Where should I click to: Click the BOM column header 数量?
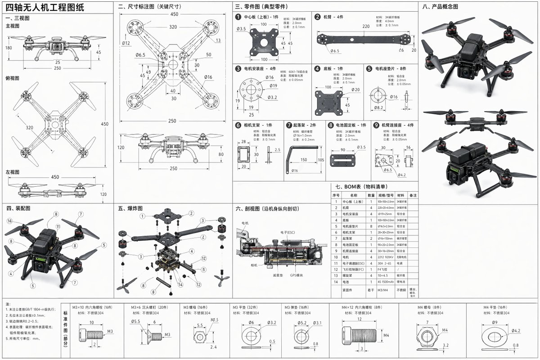pos(371,195)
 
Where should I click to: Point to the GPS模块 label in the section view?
pos(297,275)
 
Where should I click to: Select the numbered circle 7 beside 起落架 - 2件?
pos(289,125)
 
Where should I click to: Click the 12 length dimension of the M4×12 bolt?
pos(359,319)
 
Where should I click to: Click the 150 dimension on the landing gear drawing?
pos(304,160)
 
